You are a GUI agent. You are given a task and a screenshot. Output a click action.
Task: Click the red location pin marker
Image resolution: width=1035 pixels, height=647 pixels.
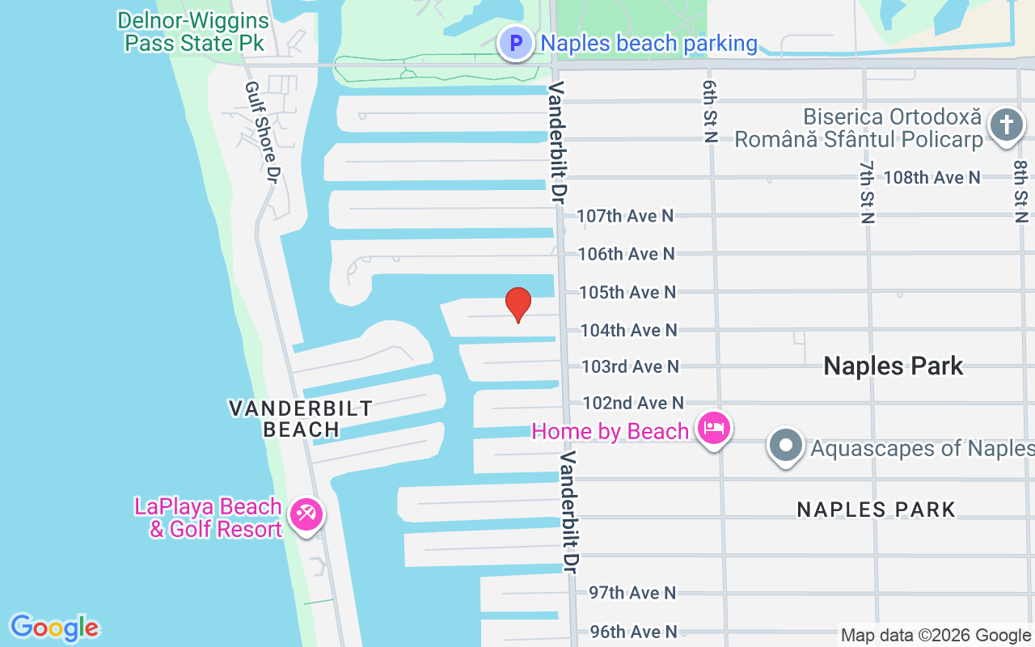click(517, 304)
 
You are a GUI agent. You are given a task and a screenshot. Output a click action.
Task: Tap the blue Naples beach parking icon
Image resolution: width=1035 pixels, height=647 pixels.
click(515, 43)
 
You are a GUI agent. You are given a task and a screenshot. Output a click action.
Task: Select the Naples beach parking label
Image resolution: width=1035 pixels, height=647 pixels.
click(648, 44)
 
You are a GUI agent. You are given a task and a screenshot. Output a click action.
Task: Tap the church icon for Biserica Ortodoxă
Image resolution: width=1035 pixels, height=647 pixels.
click(1006, 126)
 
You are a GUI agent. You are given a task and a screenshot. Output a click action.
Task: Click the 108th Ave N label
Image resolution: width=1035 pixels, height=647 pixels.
click(931, 177)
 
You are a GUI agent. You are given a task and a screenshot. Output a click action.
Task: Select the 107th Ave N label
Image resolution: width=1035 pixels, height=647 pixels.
click(624, 216)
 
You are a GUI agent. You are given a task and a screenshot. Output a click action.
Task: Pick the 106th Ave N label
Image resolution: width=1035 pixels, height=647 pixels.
click(626, 254)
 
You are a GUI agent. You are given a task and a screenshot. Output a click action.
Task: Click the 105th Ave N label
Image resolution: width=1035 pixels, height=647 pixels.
click(627, 292)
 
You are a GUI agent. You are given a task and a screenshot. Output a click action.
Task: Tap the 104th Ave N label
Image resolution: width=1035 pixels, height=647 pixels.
click(628, 330)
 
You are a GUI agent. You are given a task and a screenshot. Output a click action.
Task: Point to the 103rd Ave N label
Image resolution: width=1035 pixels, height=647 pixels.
click(630, 366)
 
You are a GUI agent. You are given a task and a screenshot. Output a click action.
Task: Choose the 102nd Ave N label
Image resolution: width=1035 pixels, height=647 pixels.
click(632, 403)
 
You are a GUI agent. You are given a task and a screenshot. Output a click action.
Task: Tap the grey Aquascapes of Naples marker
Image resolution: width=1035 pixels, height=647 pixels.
click(785, 446)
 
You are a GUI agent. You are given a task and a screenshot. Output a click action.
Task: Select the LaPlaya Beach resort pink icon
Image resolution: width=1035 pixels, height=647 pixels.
click(306, 514)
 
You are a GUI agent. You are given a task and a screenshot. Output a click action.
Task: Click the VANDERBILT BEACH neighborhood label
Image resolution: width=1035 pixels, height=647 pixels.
click(301, 418)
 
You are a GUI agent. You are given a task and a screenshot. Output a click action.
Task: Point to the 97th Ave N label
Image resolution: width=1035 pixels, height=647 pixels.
click(632, 593)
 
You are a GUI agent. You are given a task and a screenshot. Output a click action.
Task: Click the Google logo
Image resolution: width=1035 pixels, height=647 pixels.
click(55, 628)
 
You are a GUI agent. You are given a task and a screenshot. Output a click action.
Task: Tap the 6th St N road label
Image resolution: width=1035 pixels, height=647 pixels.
click(710, 112)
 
